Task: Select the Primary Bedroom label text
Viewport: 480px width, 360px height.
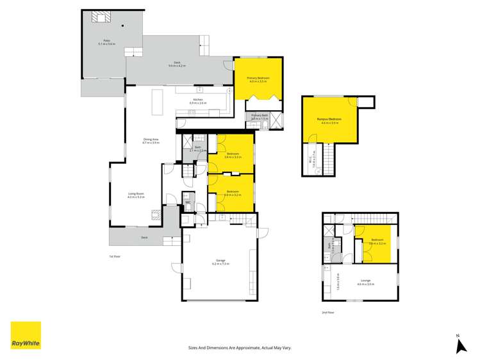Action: point(258,78)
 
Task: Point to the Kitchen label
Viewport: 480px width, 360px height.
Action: point(198,101)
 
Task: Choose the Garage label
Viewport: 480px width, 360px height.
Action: point(220,261)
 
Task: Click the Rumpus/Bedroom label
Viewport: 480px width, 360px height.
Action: point(327,120)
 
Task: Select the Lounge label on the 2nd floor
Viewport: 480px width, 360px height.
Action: point(366,280)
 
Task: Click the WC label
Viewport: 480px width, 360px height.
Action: point(188,203)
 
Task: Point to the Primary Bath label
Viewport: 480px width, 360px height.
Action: point(258,117)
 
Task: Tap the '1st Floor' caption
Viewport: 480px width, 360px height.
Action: point(115,256)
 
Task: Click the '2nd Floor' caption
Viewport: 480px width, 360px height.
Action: point(327,313)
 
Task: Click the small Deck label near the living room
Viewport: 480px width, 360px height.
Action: point(145,237)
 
